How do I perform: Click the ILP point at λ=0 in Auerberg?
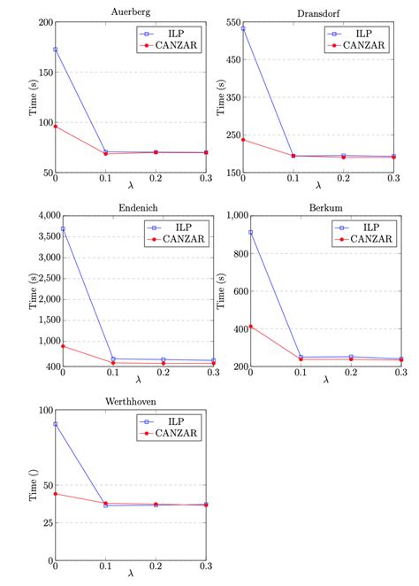coord(56,50)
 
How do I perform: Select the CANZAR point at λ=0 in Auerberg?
coord(56,126)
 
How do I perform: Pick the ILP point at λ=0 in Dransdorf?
coord(242,28)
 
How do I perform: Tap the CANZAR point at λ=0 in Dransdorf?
coord(242,139)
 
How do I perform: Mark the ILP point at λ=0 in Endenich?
coord(62,229)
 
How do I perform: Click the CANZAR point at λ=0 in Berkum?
coord(251,327)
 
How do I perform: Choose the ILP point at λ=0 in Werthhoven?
coord(56,424)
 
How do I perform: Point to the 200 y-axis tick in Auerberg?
coord(43,22)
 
